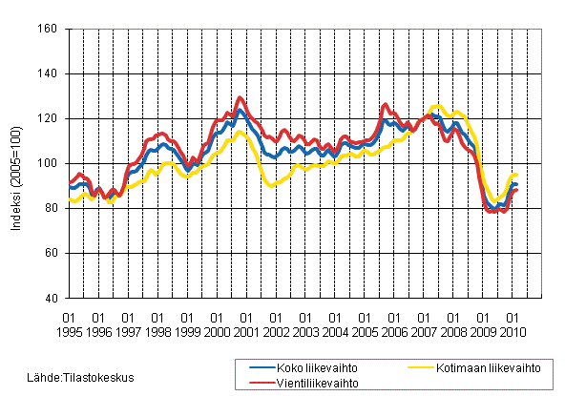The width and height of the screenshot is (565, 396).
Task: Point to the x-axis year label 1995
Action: (x=69, y=331)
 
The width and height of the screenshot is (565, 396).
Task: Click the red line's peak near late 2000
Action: (x=240, y=97)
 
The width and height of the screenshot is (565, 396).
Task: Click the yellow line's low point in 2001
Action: (x=272, y=185)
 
